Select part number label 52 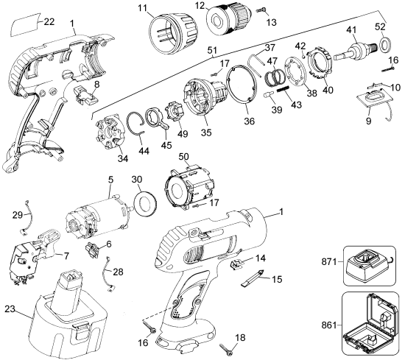pos(381,27)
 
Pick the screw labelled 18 pos(226,349)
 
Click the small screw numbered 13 pos(261,10)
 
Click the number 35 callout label pos(206,133)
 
